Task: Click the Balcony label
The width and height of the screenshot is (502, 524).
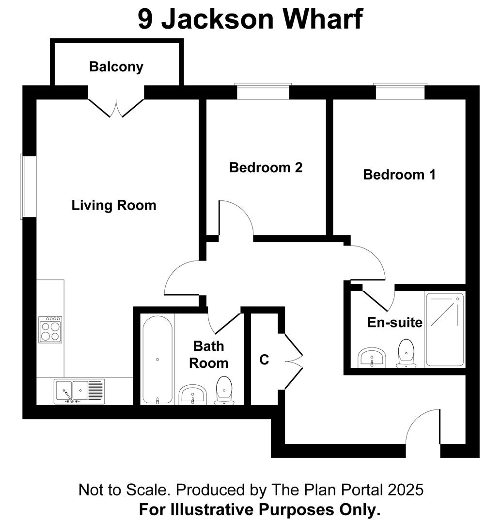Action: [x=116, y=66]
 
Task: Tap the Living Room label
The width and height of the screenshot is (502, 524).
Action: [x=114, y=205]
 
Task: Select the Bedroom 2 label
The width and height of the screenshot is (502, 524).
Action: [x=266, y=167]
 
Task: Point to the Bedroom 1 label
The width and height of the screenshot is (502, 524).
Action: [x=399, y=174]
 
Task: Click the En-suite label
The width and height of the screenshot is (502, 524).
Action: [x=394, y=322]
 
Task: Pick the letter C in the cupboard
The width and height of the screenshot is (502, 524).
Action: [x=264, y=360]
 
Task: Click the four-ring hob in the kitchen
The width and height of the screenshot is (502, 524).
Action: [x=50, y=329]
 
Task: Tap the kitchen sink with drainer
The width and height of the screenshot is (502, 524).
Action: [x=79, y=391]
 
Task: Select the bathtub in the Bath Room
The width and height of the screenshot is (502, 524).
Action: [x=157, y=360]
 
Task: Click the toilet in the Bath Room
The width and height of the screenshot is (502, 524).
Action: [x=223, y=391]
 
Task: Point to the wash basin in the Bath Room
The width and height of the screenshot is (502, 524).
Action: [x=193, y=395]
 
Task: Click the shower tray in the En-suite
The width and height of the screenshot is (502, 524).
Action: [x=445, y=329]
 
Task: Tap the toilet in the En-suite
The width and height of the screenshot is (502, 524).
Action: [x=406, y=353]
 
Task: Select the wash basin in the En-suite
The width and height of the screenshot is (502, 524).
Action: [x=372, y=358]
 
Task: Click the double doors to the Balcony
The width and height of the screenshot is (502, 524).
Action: [x=116, y=108]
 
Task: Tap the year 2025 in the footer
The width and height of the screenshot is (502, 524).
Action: [x=406, y=490]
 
